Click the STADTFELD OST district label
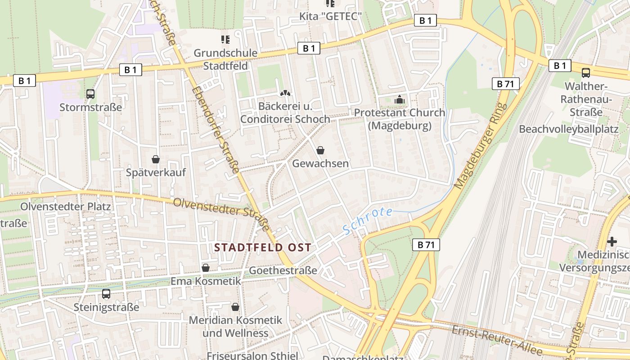[263, 247]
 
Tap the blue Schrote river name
[368, 220]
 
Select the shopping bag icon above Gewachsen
[320, 150]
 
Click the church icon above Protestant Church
[399, 99]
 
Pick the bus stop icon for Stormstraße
[90, 94]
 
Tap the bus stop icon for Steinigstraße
[106, 294]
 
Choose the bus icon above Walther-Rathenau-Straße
[586, 72]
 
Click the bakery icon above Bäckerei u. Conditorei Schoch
[285, 93]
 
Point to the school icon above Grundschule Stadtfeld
[225, 40]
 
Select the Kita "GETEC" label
[331, 17]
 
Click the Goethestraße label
[283, 270]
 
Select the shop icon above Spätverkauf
[156, 159]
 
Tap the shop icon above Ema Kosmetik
[206, 268]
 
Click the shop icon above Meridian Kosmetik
[235, 307]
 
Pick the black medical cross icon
[612, 242]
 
